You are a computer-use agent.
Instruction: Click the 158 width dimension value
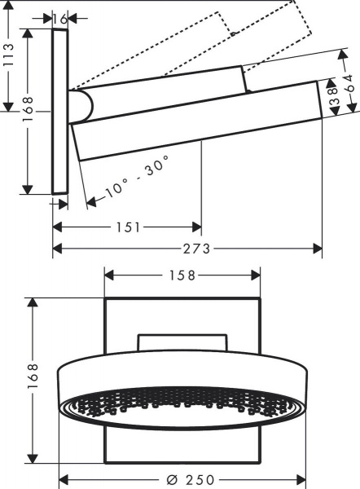[x=182, y=275]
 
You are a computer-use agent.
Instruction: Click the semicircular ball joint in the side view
[x=81, y=106]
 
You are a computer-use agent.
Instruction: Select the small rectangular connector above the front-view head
[x=182, y=342]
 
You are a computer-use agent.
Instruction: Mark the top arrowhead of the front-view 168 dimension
[x=33, y=302]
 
